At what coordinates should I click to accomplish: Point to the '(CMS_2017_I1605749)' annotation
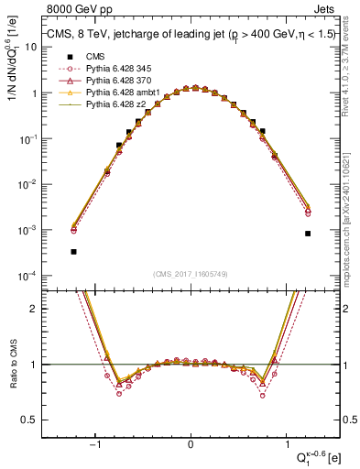pyautogui.click(x=191, y=274)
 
